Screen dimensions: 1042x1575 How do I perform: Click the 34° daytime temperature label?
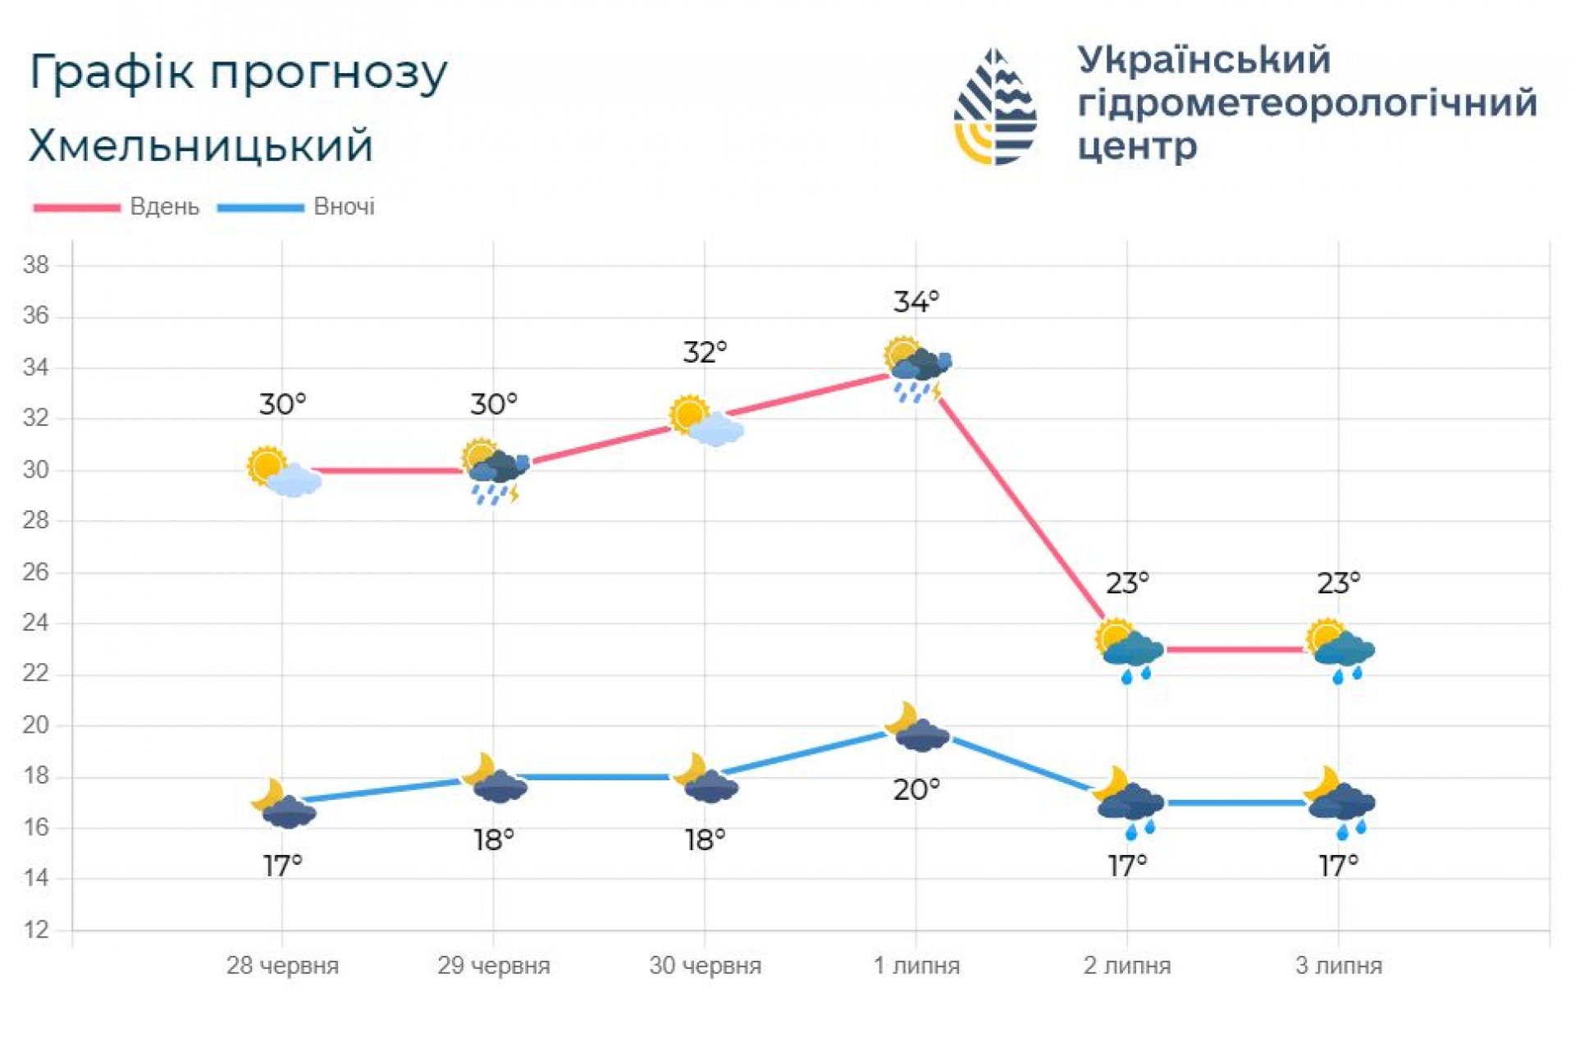coord(915,302)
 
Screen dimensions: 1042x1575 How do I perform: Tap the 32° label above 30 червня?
coord(705,352)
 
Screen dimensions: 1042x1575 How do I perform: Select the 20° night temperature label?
coord(915,789)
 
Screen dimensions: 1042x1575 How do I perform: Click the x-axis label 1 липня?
coord(915,965)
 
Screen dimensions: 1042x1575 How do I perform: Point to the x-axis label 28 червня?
coord(282,965)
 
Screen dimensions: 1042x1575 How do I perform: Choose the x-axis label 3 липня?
coord(1338,965)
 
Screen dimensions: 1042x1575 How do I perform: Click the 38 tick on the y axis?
coord(36,265)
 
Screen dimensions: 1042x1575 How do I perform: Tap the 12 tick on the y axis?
coord(36,930)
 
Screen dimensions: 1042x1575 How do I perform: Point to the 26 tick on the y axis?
coord(36,572)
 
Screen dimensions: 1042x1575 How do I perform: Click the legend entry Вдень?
coord(164,207)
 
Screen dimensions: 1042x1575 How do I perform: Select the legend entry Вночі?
coord(344,207)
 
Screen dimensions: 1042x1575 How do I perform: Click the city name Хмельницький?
coord(201,146)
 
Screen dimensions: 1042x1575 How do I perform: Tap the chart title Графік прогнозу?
coord(238,72)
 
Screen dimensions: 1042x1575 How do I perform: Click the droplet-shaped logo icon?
coord(995,107)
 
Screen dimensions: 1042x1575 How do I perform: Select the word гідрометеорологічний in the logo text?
coord(1307,103)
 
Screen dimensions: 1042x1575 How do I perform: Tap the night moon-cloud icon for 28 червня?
coord(283,803)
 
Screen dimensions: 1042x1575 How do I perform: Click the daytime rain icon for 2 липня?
coord(1129,651)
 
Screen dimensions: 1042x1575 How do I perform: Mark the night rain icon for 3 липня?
coord(1340,804)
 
